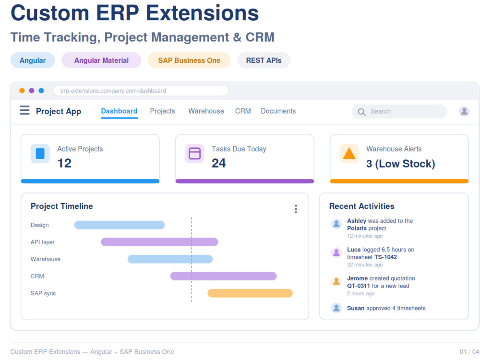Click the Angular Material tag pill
[101, 60]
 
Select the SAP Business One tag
[189, 60]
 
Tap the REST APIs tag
[264, 60]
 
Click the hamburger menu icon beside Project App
[25, 110]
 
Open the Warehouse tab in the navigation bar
[206, 111]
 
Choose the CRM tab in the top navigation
[243, 111]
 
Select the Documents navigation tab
[278, 111]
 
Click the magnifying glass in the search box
[361, 112]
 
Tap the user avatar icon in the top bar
[464, 111]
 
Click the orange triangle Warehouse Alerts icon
[349, 154]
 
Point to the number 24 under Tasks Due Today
[218, 163]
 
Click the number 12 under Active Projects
[64, 163]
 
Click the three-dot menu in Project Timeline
[296, 209]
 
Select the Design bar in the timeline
[120, 225]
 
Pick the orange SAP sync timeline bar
[250, 293]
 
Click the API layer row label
[43, 242]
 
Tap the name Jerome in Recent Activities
[357, 278]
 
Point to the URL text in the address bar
[113, 91]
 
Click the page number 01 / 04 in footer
[469, 352]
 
